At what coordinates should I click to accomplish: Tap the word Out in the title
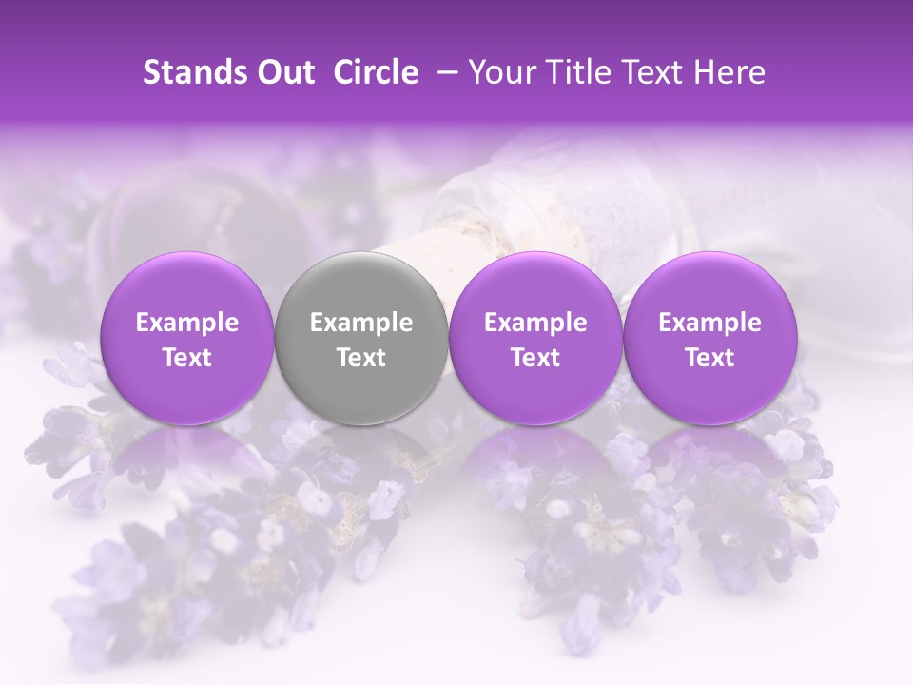pos(284,72)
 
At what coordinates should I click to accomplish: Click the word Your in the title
pos(500,72)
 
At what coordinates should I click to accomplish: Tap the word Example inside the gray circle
pos(361,323)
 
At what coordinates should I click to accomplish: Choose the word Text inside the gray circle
pos(361,358)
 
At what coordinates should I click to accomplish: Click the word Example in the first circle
pos(187,323)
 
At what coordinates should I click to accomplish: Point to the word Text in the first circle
pos(187,358)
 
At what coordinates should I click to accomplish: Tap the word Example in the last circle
pos(709,323)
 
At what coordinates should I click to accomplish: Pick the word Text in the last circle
pos(709,358)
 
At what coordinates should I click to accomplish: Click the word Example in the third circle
pos(535,323)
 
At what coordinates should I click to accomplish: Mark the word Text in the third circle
pos(535,358)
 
